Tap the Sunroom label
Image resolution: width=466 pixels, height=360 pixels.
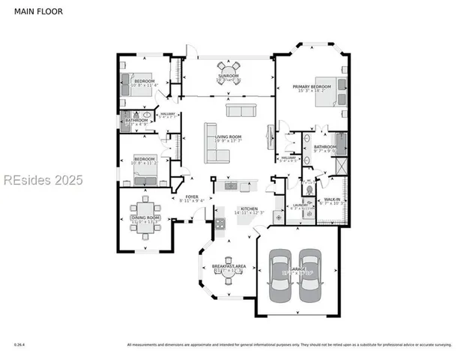click(x=229, y=76)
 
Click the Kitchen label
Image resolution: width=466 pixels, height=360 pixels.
click(x=249, y=211)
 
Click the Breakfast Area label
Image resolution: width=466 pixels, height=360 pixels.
click(x=229, y=268)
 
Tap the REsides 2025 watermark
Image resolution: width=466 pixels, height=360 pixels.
click(x=43, y=180)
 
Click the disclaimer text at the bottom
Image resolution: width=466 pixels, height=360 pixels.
click(x=289, y=345)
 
